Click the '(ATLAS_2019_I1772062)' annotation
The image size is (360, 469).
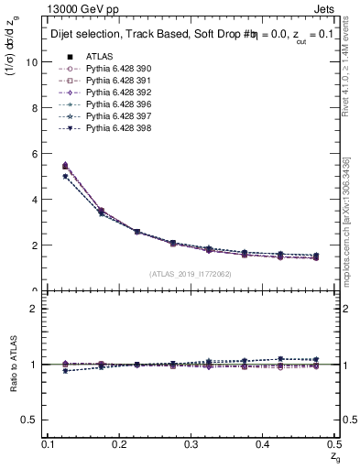(x=191, y=274)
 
